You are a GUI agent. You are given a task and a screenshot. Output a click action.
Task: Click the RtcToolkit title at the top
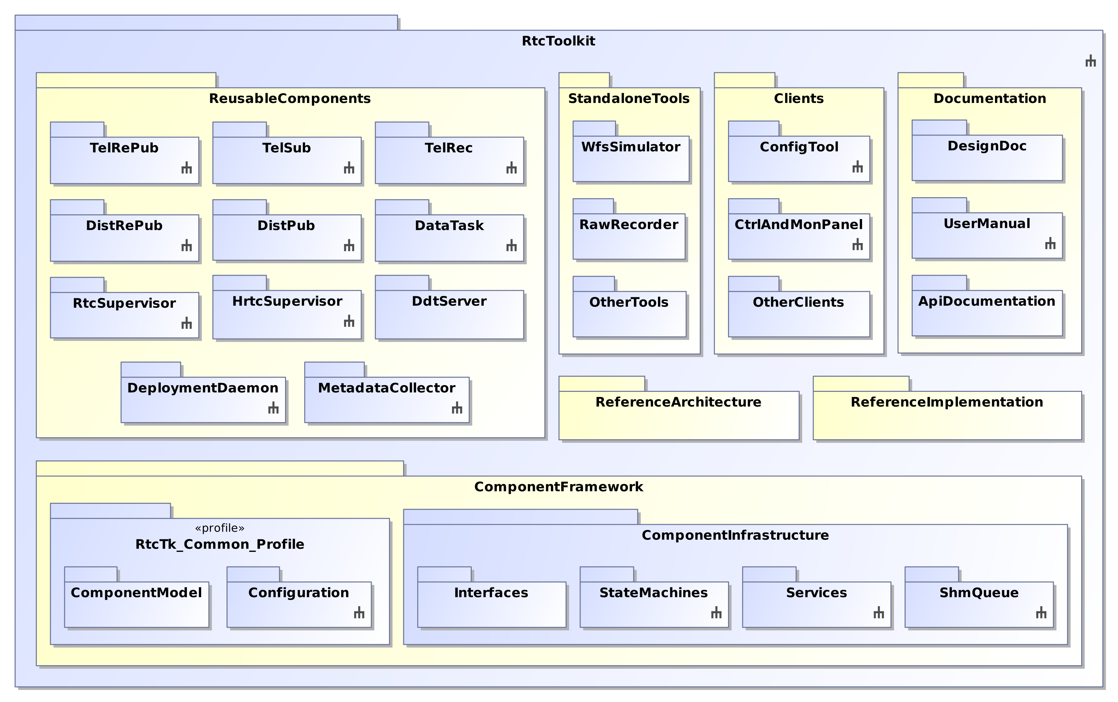click(559, 41)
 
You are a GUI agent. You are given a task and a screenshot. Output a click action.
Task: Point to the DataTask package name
click(449, 225)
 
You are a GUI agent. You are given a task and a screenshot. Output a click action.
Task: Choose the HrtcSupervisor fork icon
click(349, 321)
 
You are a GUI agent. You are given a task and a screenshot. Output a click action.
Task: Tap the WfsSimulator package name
click(631, 147)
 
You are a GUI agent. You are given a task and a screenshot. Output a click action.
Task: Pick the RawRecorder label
click(629, 224)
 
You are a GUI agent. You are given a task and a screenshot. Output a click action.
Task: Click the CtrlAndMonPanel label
click(799, 224)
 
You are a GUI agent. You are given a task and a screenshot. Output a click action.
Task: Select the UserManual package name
click(987, 223)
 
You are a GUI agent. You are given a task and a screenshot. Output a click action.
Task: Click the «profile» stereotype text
click(220, 528)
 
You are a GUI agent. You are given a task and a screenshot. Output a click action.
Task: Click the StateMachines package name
click(654, 593)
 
